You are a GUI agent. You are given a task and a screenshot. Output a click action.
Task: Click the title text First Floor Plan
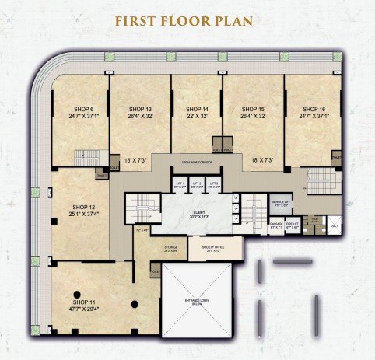pyautogui.click(x=187, y=20)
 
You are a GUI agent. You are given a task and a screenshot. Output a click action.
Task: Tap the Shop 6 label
pyautogui.click(x=82, y=108)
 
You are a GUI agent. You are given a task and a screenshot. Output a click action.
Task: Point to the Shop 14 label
pyautogui.click(x=196, y=108)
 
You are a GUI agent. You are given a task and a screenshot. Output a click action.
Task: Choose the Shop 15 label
pyautogui.click(x=253, y=108)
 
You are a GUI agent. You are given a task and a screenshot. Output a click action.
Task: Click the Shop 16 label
pyautogui.click(x=313, y=108)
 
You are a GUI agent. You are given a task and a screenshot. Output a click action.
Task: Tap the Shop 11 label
pyautogui.click(x=83, y=301)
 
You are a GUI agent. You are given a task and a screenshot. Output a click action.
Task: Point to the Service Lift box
pyautogui.click(x=282, y=205)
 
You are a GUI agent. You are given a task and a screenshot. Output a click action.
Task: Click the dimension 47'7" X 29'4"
pyautogui.click(x=83, y=308)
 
